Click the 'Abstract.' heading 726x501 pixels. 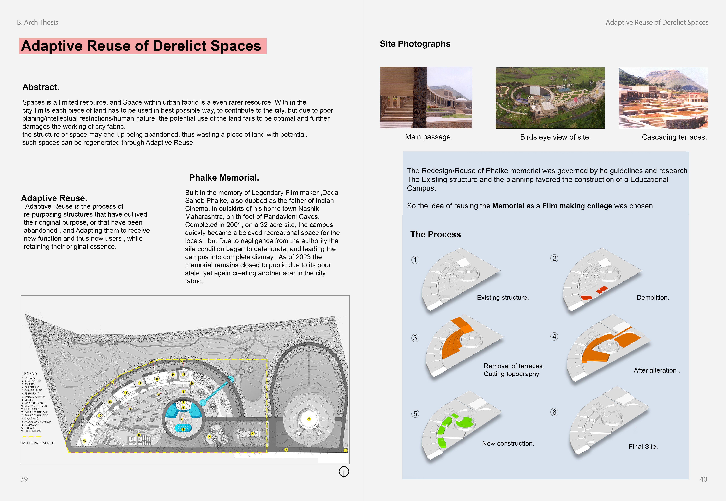pyautogui.click(x=41, y=87)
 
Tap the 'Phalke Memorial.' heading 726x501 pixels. pyautogui.click(x=224, y=178)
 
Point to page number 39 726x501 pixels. pyautogui.click(x=24, y=479)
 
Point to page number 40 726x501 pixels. pyautogui.click(x=703, y=479)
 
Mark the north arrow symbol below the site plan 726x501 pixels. pyautogui.click(x=344, y=471)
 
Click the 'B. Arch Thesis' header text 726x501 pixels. pyautogui.click(x=37, y=22)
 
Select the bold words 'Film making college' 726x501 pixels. pyautogui.click(x=577, y=206)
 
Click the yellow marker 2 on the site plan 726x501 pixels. pyautogui.click(x=309, y=419)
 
